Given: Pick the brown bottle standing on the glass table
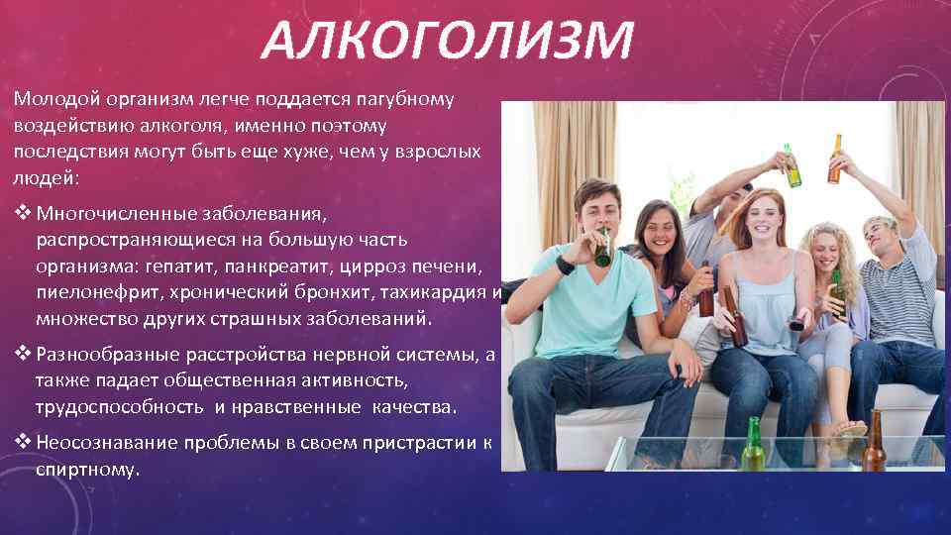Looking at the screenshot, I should tap(874, 442).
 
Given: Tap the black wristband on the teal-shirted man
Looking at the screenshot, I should tap(565, 265).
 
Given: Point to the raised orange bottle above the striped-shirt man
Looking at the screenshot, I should tap(835, 159).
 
